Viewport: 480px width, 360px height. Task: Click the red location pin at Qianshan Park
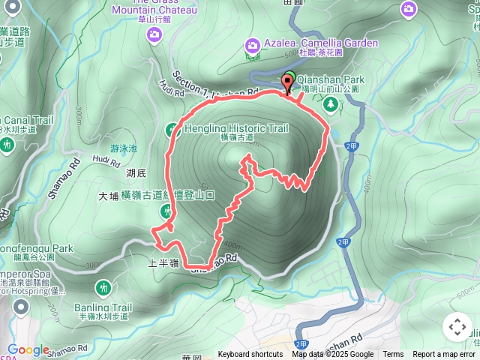point(288,82)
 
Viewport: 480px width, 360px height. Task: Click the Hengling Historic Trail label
point(235,128)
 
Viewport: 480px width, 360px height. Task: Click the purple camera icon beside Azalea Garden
point(253,46)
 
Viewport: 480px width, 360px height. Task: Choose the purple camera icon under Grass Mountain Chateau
point(154,34)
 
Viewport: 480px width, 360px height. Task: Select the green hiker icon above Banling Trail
point(103,287)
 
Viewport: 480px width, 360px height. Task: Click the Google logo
point(28,349)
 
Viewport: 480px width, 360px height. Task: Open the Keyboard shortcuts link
point(250,355)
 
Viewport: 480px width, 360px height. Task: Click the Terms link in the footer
point(393,355)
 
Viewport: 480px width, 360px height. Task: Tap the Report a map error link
point(443,355)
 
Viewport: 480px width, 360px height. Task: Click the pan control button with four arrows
point(457,327)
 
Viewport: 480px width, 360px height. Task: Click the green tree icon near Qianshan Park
point(328,104)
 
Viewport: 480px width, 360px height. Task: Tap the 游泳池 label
point(123,148)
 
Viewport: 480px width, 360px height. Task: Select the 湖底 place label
point(136,173)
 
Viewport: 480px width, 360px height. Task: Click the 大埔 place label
point(109,196)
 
